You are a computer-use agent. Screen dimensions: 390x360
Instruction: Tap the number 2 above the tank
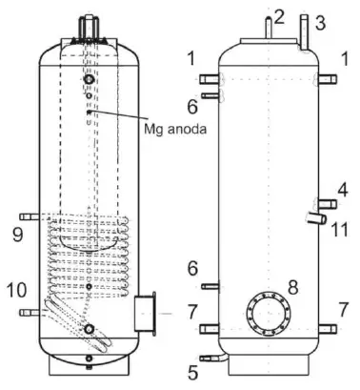(280, 14)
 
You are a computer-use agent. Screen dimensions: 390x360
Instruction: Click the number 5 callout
(194, 370)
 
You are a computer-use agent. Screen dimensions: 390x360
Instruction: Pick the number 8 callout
(293, 287)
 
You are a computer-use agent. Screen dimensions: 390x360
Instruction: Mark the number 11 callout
(340, 229)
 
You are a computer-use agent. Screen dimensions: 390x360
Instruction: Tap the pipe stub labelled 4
(326, 202)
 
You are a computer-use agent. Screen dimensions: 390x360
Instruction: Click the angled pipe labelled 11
(310, 220)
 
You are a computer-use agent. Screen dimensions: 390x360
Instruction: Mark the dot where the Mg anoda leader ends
(89, 112)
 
